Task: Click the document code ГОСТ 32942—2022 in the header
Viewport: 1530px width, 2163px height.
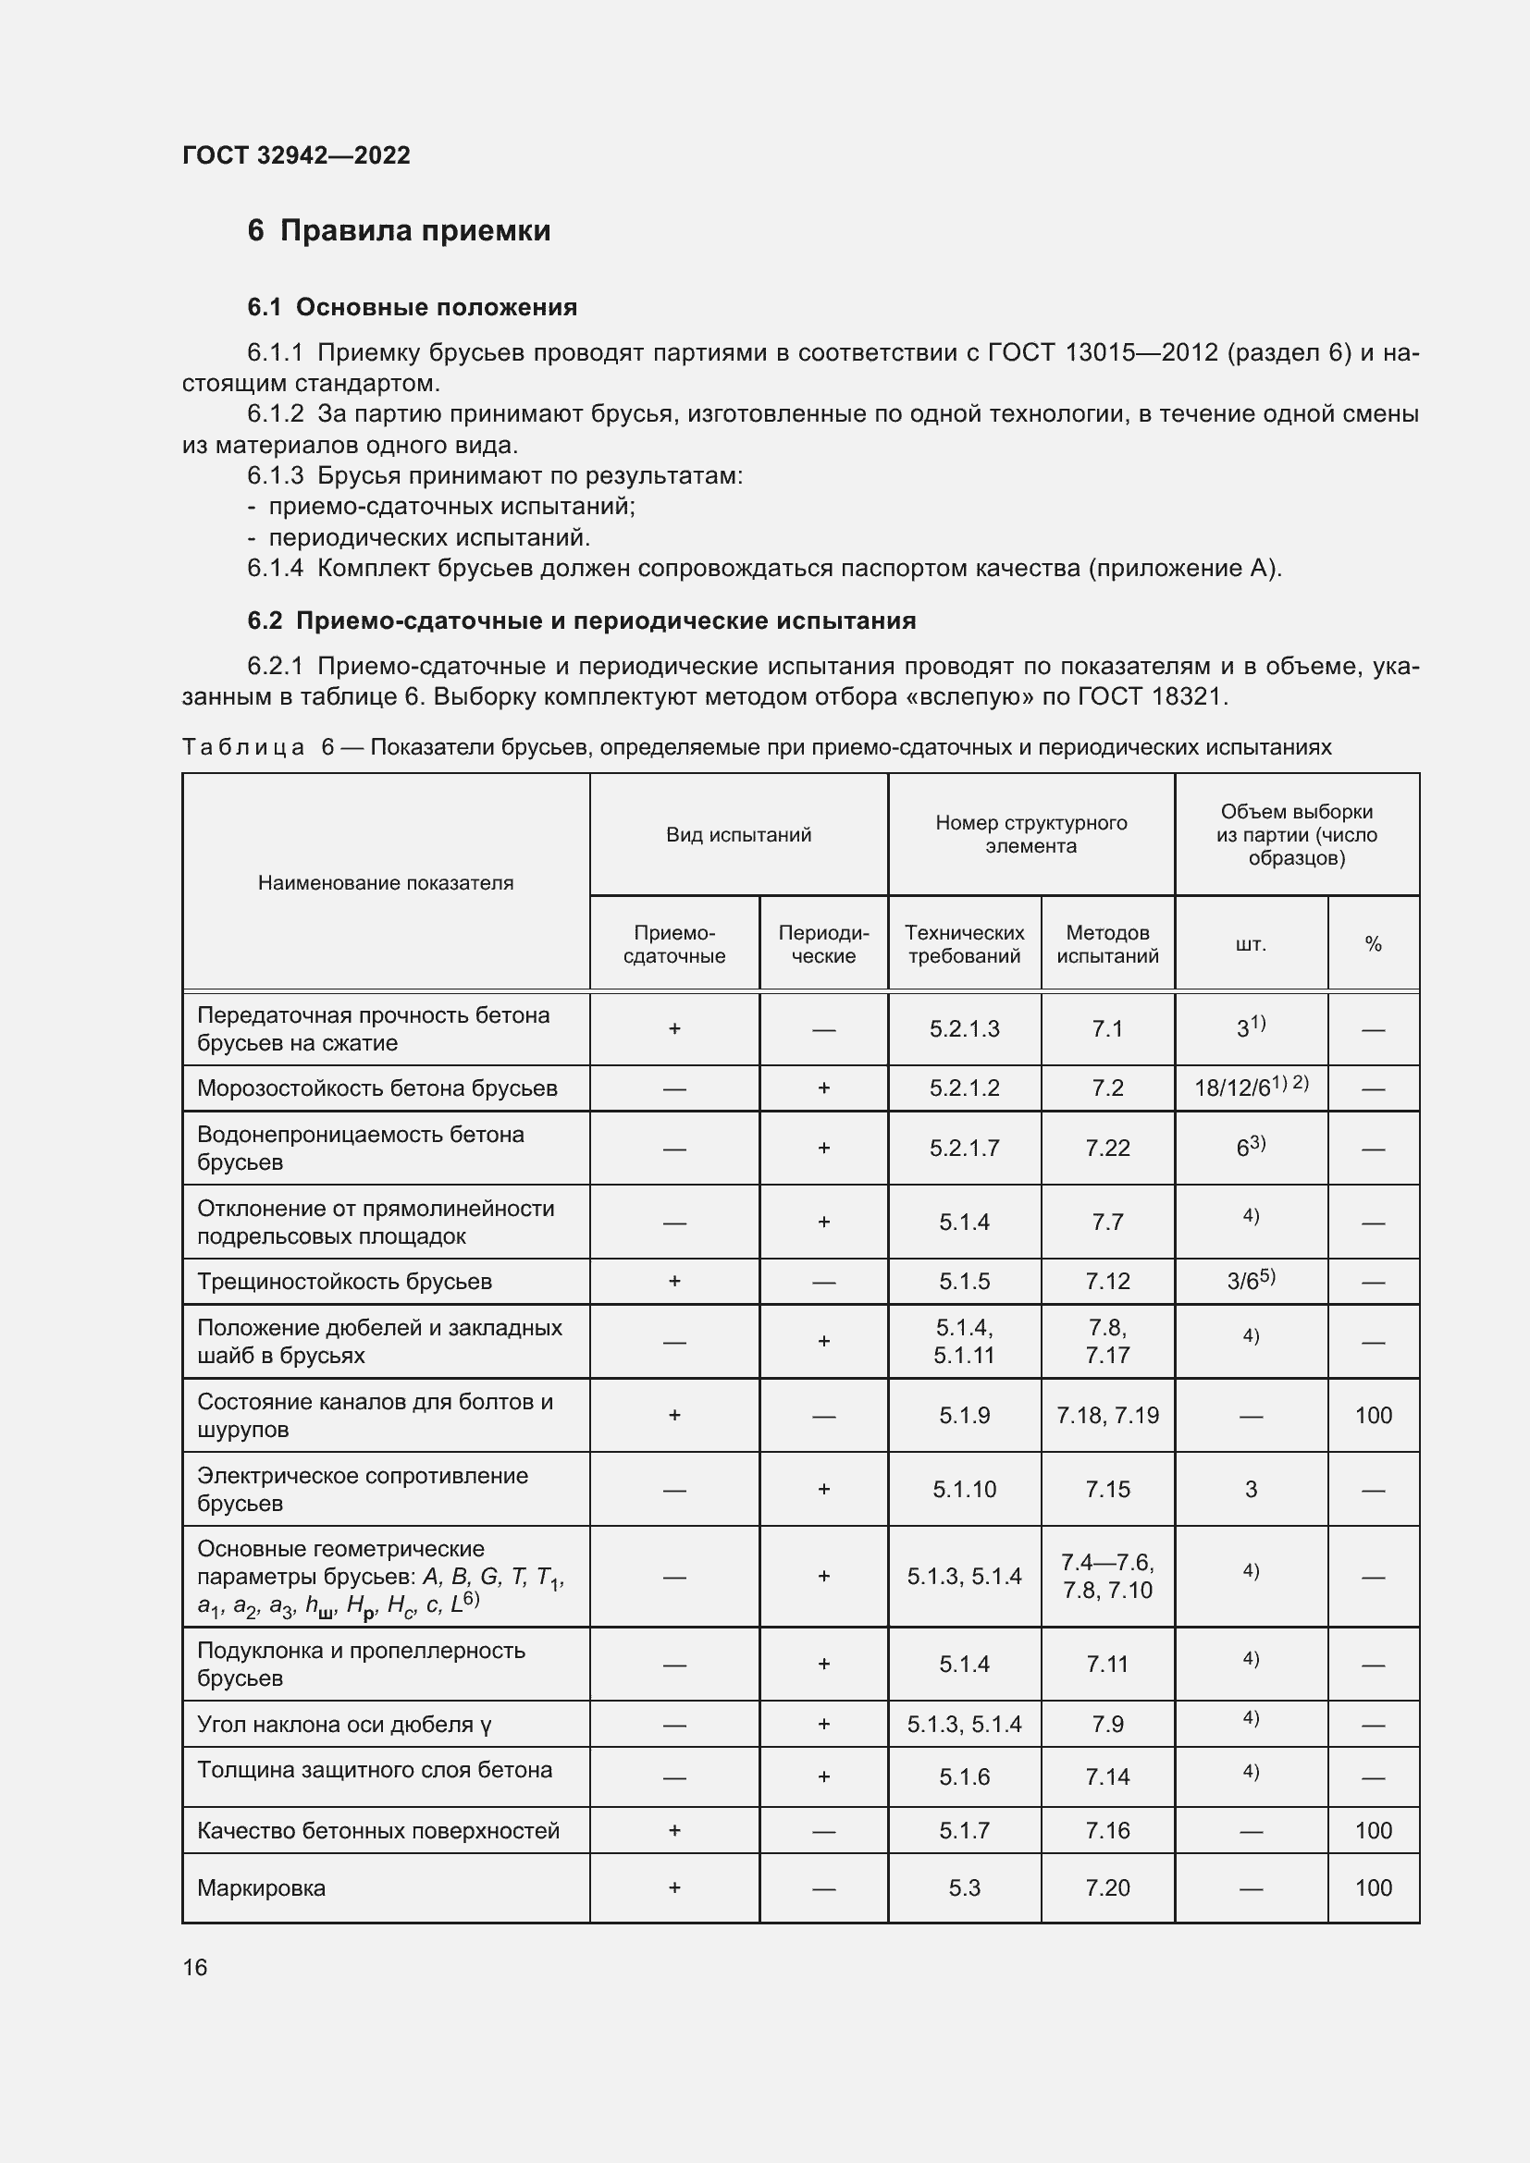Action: point(296,155)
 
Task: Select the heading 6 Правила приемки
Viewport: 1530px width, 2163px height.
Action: point(399,231)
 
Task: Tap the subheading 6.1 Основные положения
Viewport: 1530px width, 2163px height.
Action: point(412,307)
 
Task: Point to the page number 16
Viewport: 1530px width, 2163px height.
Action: point(195,1967)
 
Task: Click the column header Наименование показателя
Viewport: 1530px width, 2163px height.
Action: point(386,883)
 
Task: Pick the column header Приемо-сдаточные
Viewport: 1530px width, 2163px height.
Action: point(674,944)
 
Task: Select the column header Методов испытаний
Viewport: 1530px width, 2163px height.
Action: point(1107,944)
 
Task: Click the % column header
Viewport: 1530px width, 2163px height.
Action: point(1373,944)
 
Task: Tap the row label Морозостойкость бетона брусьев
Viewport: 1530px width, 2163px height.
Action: point(376,1088)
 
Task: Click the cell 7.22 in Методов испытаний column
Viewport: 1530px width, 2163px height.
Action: point(1107,1148)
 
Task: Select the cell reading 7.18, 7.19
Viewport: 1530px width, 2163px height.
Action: point(1107,1415)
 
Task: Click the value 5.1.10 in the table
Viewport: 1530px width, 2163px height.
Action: point(964,1490)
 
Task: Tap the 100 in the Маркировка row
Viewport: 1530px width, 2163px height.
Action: point(1373,1888)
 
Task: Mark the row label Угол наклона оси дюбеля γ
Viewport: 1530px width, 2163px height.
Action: point(344,1725)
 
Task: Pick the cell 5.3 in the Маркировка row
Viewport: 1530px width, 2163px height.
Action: point(964,1888)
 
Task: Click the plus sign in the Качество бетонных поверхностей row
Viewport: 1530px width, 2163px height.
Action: point(674,1830)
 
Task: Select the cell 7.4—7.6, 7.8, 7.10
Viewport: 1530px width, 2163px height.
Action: point(1107,1576)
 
